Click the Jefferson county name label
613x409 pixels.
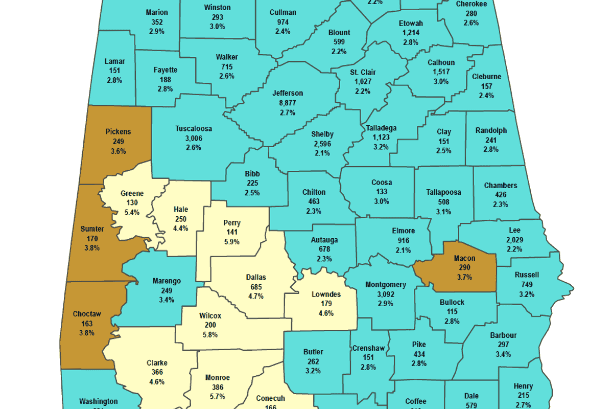pos(288,93)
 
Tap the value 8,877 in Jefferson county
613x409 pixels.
pos(288,103)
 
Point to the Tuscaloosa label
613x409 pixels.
pos(194,128)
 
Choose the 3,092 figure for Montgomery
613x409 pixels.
pos(386,294)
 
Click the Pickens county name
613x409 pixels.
pos(118,131)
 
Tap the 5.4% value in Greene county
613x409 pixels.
pos(132,213)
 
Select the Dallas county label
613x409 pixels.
pos(256,277)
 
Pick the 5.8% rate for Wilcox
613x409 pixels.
pos(210,335)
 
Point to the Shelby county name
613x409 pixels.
pos(322,134)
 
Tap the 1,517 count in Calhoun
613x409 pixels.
pos(441,72)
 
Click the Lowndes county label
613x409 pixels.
pos(326,294)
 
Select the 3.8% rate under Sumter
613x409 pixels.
pos(92,247)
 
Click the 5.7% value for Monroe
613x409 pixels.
pos(218,396)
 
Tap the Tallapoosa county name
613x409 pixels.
pos(443,192)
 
